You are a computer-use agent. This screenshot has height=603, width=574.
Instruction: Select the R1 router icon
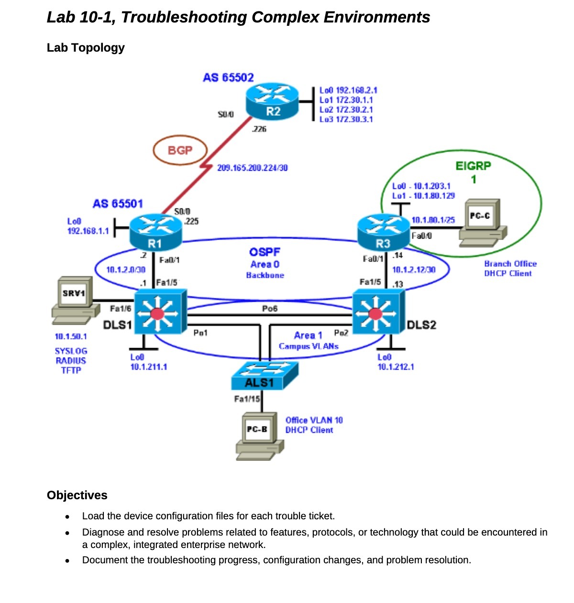(155, 231)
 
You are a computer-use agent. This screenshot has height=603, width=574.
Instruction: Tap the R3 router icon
(384, 231)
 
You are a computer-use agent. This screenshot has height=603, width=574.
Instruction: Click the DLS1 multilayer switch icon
(159, 313)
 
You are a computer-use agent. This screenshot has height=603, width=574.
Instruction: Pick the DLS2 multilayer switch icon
(378, 313)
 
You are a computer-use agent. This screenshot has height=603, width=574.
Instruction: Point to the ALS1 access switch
(264, 376)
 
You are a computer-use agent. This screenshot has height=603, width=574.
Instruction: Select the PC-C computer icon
(482, 223)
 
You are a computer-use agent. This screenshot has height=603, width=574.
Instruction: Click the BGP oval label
(180, 151)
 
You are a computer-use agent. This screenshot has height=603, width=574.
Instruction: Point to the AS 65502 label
(228, 77)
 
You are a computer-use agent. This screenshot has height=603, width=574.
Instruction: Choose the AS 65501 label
(118, 204)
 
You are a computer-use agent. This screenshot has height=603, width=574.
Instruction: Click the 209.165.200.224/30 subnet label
(252, 168)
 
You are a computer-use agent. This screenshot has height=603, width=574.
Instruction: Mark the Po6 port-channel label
(270, 308)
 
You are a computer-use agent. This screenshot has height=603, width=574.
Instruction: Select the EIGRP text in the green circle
(473, 166)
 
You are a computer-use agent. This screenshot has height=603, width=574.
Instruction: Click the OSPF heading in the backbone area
(265, 252)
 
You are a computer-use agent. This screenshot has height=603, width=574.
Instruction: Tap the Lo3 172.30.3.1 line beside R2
(346, 120)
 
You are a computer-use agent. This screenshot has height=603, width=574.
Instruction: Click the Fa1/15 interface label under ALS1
(247, 399)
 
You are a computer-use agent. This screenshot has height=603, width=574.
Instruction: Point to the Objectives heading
(77, 495)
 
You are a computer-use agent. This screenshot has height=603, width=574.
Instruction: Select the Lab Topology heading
(86, 48)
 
